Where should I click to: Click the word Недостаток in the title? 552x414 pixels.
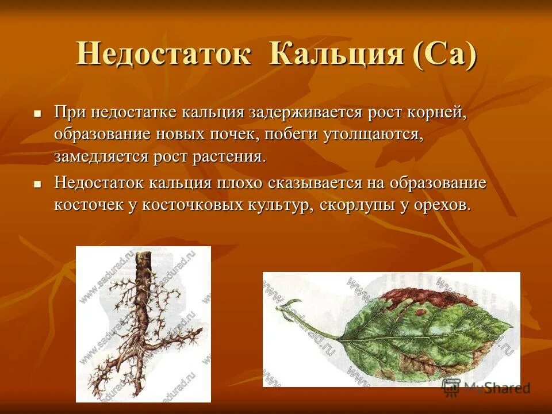click(163, 55)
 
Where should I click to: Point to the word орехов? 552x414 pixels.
click(441, 205)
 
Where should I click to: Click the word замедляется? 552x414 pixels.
click(102, 156)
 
